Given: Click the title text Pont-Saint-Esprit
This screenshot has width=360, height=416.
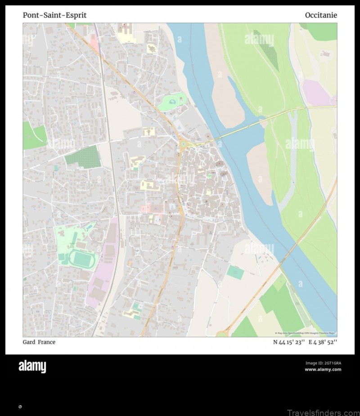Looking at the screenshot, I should point(54,15).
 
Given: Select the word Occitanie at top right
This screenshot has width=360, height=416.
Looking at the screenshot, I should point(321,15).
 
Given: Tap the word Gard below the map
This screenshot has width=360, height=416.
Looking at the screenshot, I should point(29,342).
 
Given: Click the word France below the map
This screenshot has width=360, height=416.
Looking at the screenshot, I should point(47,342).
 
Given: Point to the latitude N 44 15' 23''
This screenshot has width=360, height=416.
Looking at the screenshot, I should point(288,342).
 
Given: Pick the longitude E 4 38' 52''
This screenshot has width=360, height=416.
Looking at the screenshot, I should point(323,342).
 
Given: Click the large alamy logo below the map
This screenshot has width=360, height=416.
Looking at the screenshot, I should point(32,367).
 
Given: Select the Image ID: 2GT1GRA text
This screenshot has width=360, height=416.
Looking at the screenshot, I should point(323,363).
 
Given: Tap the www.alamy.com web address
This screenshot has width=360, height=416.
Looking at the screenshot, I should point(323,370).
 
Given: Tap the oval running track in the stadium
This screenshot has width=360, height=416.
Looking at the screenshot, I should point(81,259).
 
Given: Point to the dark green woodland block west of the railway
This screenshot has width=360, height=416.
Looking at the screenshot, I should point(83,157).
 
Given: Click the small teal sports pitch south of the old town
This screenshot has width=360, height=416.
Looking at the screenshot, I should point(235,272).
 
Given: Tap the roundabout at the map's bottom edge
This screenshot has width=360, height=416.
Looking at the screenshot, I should point(221,334).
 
